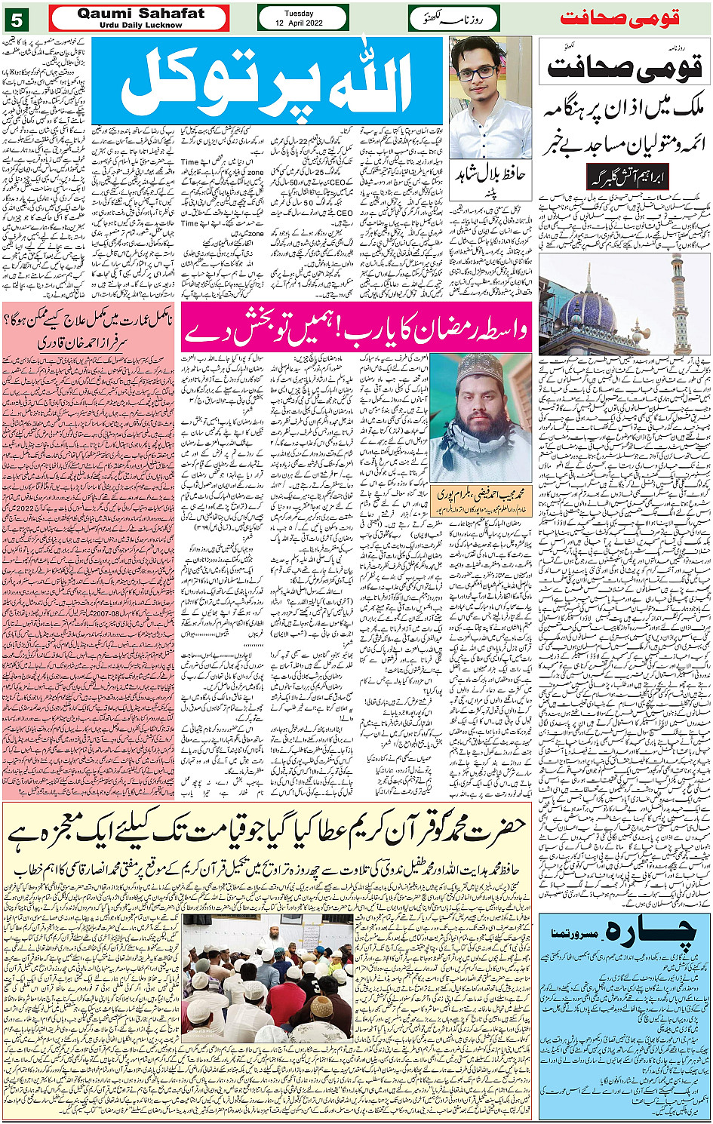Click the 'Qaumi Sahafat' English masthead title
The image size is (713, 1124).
point(140,14)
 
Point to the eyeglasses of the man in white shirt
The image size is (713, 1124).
point(476,72)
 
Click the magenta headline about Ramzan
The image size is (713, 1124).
point(355,327)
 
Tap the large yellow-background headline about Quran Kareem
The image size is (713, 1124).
point(268,831)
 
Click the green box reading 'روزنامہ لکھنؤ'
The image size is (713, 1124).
point(453,18)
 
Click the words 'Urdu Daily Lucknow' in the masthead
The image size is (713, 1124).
point(140,25)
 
